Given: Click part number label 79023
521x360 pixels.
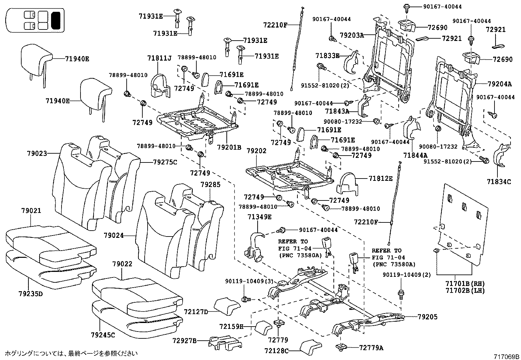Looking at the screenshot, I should pyautogui.click(x=37, y=153).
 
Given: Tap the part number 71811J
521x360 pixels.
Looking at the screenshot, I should pyautogui.click(x=159, y=59).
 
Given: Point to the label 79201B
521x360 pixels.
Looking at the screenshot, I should pyautogui.click(x=229, y=147).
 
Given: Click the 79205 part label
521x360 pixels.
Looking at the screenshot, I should pyautogui.click(x=427, y=317).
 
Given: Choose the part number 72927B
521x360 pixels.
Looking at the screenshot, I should pyautogui.click(x=185, y=341).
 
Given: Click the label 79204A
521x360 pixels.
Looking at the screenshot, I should pyautogui.click(x=499, y=84).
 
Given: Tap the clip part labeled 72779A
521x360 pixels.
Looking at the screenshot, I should pyautogui.click(x=340, y=346).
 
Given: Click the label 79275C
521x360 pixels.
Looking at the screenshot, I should pyautogui.click(x=165, y=161).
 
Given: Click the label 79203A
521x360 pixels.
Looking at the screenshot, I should pyautogui.click(x=351, y=35).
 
